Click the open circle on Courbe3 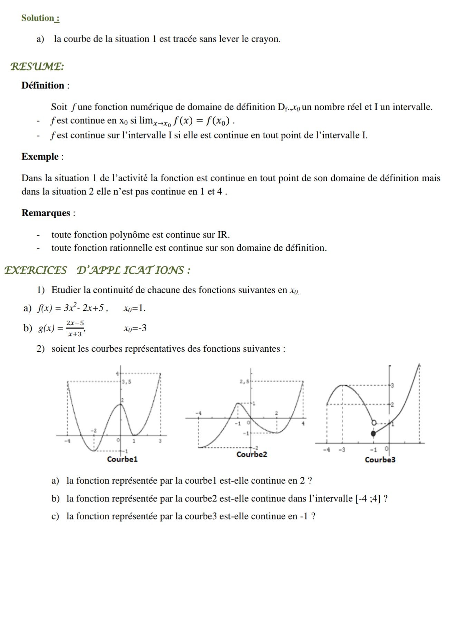click(x=373, y=423)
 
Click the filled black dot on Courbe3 click(x=373, y=434)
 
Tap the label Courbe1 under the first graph click(x=122, y=459)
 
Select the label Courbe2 click(x=252, y=455)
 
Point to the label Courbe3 click(x=380, y=460)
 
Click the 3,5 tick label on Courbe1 click(x=127, y=382)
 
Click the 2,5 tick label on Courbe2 click(x=244, y=382)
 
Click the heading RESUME click(x=37, y=66)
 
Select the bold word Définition click(x=43, y=86)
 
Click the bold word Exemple click(x=40, y=157)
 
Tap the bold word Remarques click(x=46, y=213)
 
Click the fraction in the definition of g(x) click(x=75, y=328)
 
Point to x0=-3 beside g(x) click(x=135, y=328)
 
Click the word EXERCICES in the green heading click(x=36, y=270)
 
